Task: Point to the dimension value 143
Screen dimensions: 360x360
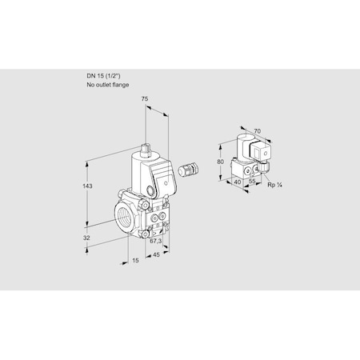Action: tap(88, 186)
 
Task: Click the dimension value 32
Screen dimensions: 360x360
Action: tap(87, 238)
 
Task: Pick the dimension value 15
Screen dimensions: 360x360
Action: tap(137, 262)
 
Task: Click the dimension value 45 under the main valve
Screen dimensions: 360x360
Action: tap(158, 256)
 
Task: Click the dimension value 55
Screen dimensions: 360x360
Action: tap(253, 182)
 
